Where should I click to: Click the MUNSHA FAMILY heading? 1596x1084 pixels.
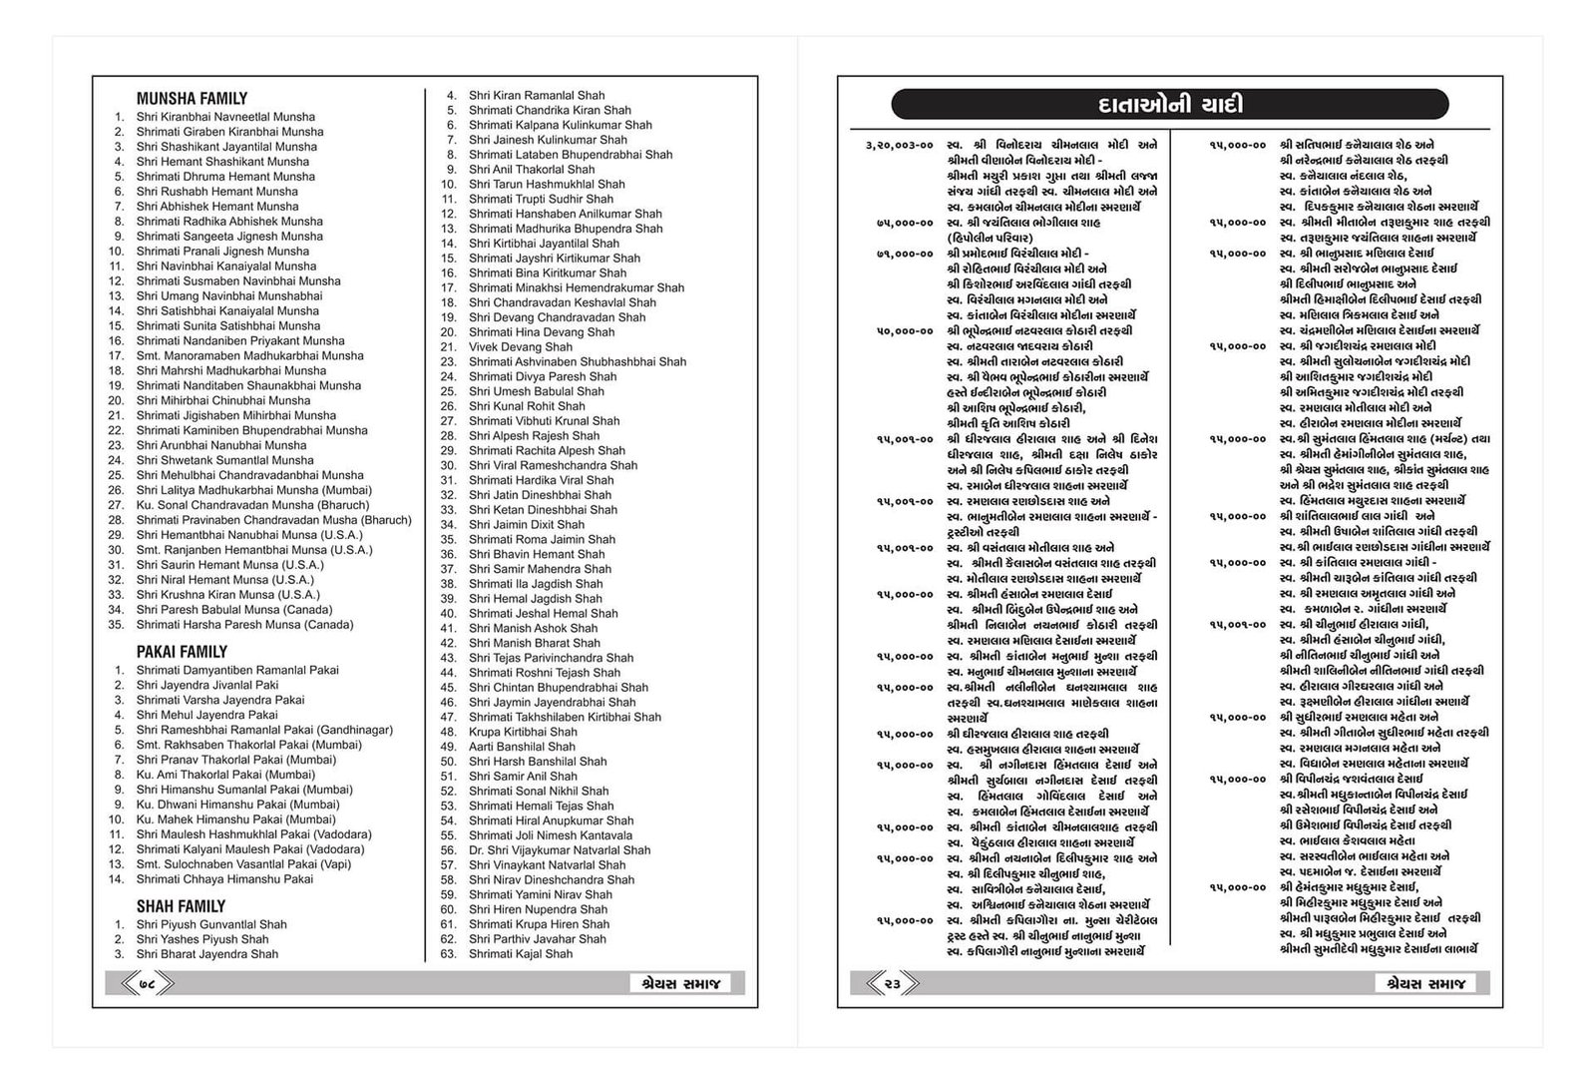192,99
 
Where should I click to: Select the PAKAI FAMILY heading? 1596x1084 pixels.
182,652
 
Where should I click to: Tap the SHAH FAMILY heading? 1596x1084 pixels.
181,906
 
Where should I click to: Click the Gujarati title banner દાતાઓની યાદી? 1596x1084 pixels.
1169,105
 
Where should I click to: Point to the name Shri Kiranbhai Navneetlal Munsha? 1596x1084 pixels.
225,117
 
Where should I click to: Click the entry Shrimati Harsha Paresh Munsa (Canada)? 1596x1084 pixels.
244,625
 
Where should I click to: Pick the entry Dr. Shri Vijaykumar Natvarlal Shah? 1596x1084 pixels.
559,850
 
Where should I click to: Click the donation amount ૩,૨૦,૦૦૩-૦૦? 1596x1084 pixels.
900,145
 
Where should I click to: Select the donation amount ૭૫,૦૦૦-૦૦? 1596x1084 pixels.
905,223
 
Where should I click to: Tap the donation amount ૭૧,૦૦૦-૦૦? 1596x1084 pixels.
905,254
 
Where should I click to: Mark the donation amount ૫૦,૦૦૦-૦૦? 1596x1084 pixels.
905,331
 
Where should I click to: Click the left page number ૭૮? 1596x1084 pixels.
147,984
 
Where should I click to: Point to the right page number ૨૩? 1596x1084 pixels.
892,984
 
